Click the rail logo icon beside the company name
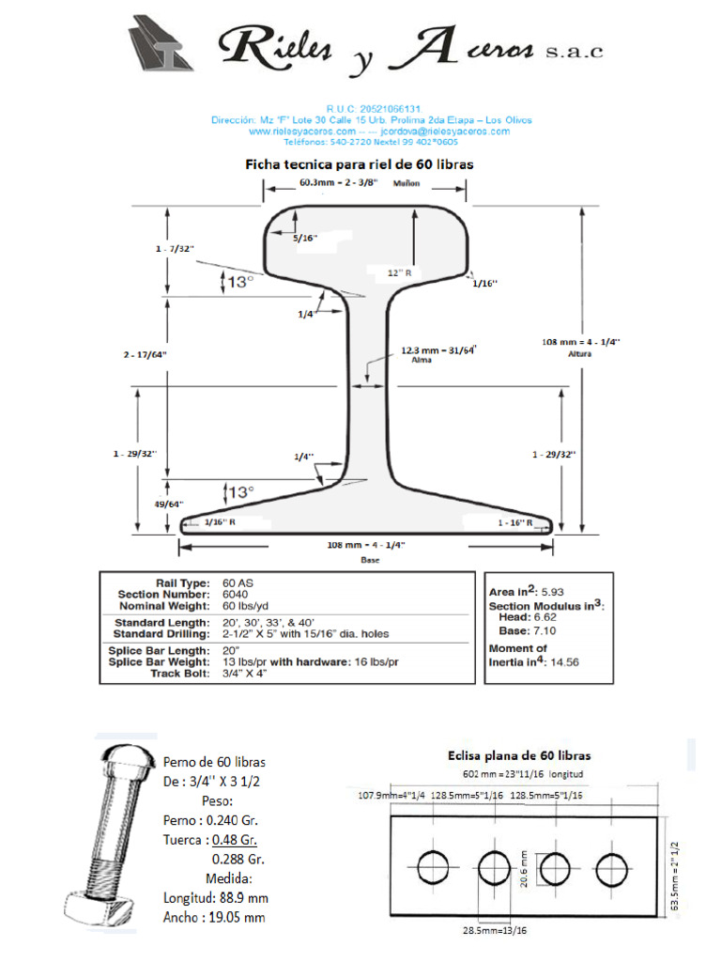161,43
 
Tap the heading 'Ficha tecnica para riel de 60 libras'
360,163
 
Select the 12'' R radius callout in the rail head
401,272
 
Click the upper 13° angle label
241,281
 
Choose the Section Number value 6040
236,594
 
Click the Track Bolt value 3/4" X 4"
246,673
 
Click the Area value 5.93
553,592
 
